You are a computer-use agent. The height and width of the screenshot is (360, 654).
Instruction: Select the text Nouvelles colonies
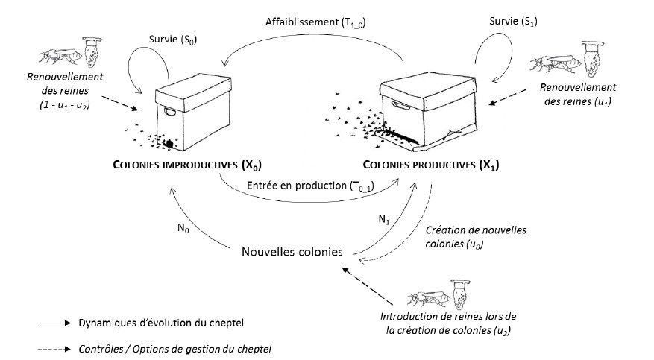tap(292, 251)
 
